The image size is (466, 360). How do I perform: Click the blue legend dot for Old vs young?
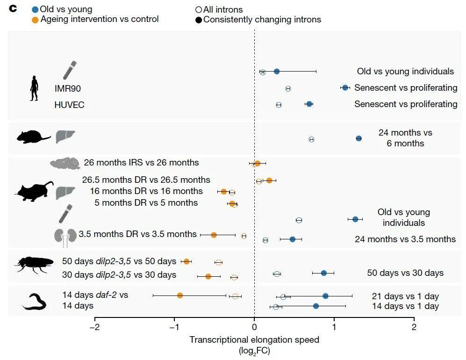35,9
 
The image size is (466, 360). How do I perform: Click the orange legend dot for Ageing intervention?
35,20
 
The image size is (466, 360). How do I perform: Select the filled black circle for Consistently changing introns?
199,20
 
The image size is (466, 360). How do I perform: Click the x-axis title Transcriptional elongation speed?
254,340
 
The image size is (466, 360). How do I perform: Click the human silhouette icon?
34,88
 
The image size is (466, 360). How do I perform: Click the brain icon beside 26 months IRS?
65,163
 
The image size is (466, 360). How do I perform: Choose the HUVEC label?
69,105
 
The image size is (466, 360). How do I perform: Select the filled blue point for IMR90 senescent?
345,87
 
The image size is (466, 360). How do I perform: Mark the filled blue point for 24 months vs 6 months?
358,138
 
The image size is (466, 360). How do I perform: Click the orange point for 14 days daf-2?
180,295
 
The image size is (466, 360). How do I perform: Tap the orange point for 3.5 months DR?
214,235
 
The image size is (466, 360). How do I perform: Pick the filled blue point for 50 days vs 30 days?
323,273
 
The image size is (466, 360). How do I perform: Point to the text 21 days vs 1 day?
405,296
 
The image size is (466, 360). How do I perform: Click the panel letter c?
13,9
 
